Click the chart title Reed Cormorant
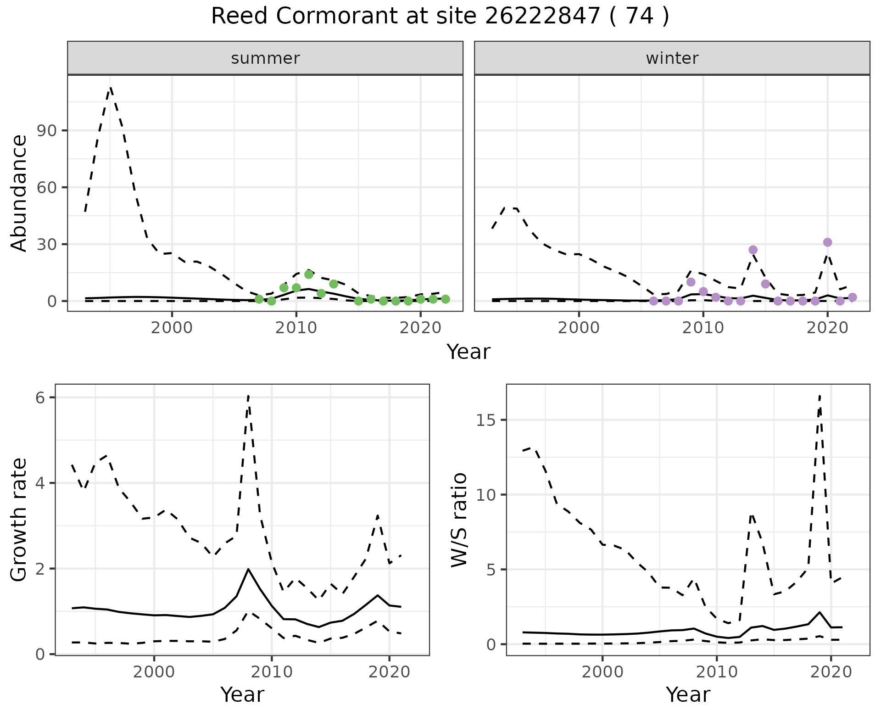pos(440,17)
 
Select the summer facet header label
pos(265,58)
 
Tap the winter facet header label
pos(672,58)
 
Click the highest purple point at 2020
pos(827,242)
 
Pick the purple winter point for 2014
pos(753,250)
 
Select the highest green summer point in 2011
pos(309,274)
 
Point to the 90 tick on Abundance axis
pos(50,131)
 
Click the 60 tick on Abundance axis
pos(50,188)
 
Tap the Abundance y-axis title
pos(19,193)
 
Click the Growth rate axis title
pos(19,520)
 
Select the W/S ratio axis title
pos(459,520)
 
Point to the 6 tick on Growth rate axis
pos(40,397)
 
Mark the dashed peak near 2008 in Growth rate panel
pos(248,396)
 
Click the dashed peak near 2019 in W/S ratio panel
pos(820,396)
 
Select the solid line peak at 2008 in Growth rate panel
pos(248,569)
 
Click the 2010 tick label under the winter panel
pos(703,329)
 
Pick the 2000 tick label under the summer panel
pos(172,329)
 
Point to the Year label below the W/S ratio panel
pos(688,694)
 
